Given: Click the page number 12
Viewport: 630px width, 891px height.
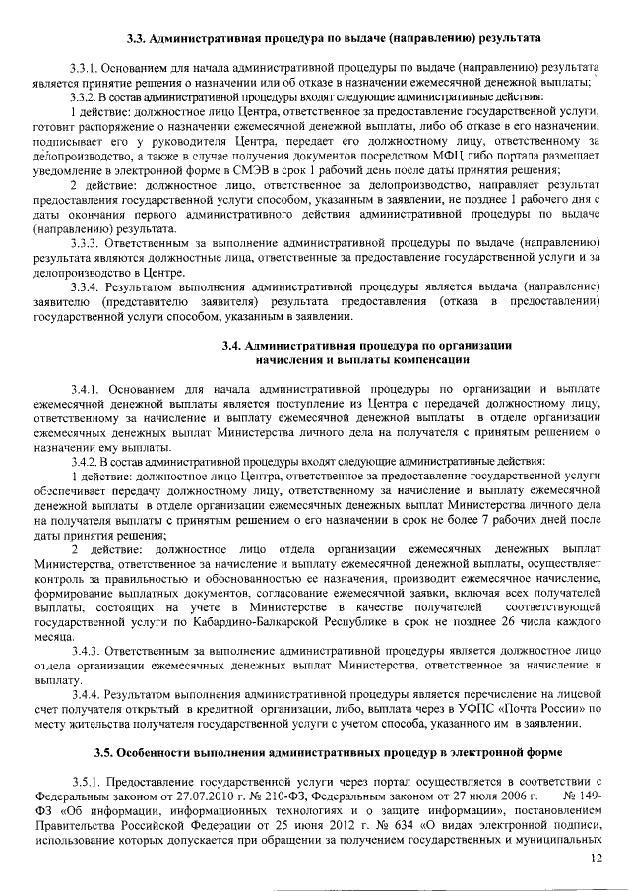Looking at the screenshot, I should [595, 859].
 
